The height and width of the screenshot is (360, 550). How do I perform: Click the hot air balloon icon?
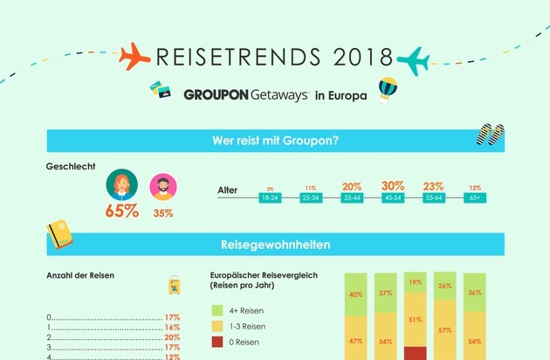pyautogui.click(x=388, y=89)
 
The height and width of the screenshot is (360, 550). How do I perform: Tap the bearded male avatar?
pyautogui.click(x=162, y=186)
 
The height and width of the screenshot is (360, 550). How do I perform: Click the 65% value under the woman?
pyautogui.click(x=121, y=211)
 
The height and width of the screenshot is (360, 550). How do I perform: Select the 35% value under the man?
pyautogui.click(x=162, y=211)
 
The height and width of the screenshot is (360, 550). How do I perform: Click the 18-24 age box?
pyautogui.click(x=270, y=198)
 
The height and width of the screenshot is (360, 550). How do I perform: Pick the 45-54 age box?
pyautogui.click(x=393, y=198)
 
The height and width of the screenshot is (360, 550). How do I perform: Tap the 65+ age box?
pyautogui.click(x=475, y=198)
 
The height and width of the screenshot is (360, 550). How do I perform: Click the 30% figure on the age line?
pyautogui.click(x=393, y=185)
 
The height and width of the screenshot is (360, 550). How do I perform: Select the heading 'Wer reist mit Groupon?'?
pyautogui.click(x=274, y=140)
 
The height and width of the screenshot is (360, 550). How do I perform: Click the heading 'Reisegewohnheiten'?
pyautogui.click(x=274, y=246)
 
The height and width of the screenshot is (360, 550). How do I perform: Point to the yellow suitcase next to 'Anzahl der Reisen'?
pyautogui.click(x=175, y=284)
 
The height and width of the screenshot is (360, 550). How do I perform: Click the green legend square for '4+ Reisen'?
pyautogui.click(x=219, y=310)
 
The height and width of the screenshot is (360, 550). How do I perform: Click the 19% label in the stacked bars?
pyautogui.click(x=416, y=282)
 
